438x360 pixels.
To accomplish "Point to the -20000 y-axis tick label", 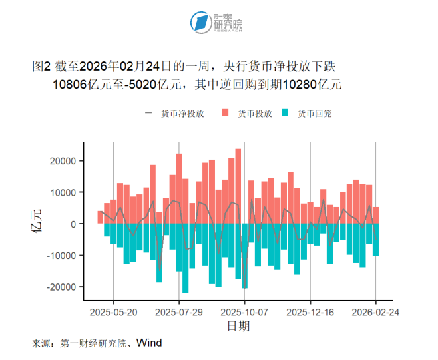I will pos(61,287).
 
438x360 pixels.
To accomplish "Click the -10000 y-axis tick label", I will pos(61,256).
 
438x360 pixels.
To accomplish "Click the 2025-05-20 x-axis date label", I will pos(113,311).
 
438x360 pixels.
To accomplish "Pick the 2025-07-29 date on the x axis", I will pos(179,311).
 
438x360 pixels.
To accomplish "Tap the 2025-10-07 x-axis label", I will pos(244,311).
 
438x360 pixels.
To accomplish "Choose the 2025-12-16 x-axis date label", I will pos(310,311).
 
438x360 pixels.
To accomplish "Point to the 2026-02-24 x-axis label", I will pos(376,311).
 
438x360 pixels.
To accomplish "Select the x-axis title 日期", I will pos(238,326).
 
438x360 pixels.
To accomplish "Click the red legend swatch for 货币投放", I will pos(225,114).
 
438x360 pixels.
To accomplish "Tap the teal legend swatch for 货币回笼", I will pos(286,114).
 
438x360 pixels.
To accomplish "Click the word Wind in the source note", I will pos(150,343).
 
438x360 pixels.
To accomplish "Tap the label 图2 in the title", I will pos(41,67).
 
